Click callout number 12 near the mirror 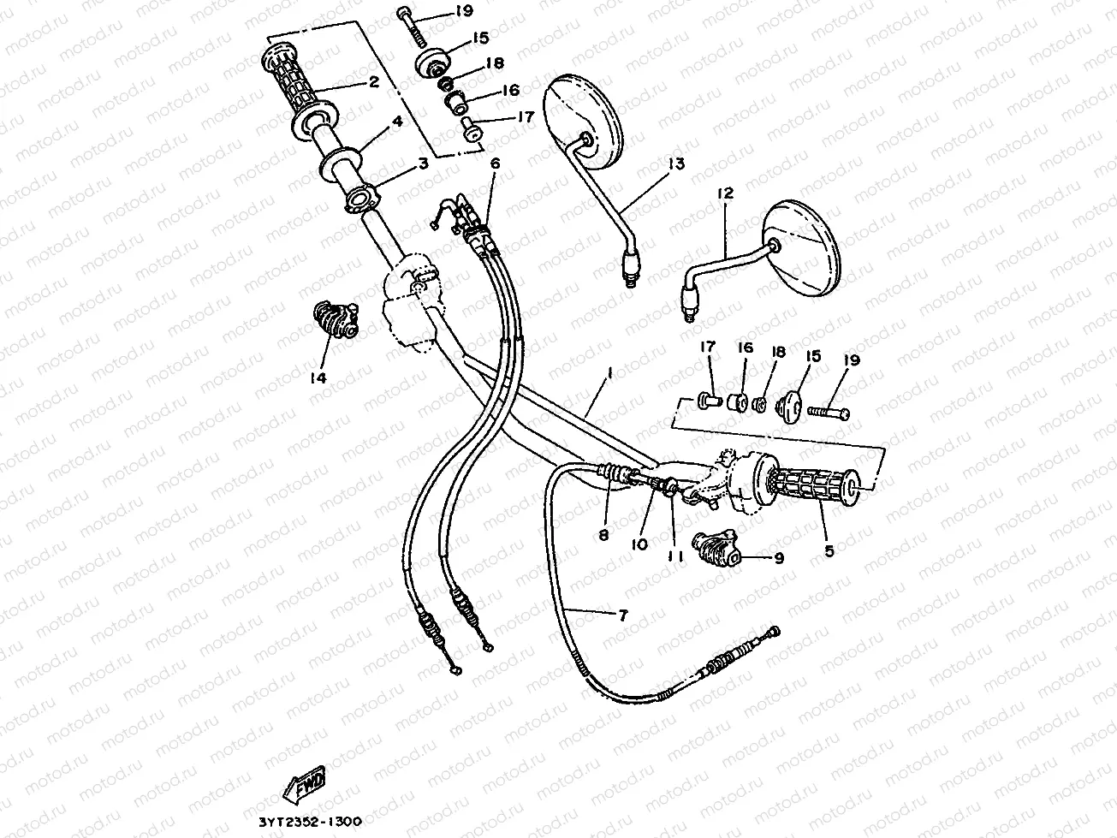(726, 194)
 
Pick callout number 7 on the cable (622, 615)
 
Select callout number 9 (778, 558)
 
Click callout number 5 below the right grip (829, 552)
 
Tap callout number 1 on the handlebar (609, 373)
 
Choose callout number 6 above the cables (495, 163)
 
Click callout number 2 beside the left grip (373, 83)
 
